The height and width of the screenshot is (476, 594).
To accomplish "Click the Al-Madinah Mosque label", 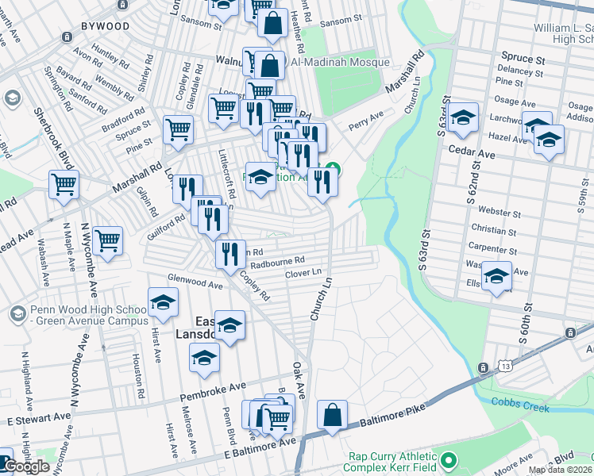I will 341,62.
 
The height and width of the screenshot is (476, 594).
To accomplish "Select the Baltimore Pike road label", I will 393,413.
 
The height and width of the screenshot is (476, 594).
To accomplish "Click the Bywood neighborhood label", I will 104,26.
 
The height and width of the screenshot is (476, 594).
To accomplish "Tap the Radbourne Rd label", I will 277,260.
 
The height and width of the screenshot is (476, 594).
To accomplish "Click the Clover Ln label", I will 303,274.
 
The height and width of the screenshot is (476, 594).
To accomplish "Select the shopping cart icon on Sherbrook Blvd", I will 64,184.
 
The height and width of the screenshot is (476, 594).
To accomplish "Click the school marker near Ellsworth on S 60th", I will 496,277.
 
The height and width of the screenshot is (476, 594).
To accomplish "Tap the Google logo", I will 26,467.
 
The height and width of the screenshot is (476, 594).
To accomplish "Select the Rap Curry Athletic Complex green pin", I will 449,460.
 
